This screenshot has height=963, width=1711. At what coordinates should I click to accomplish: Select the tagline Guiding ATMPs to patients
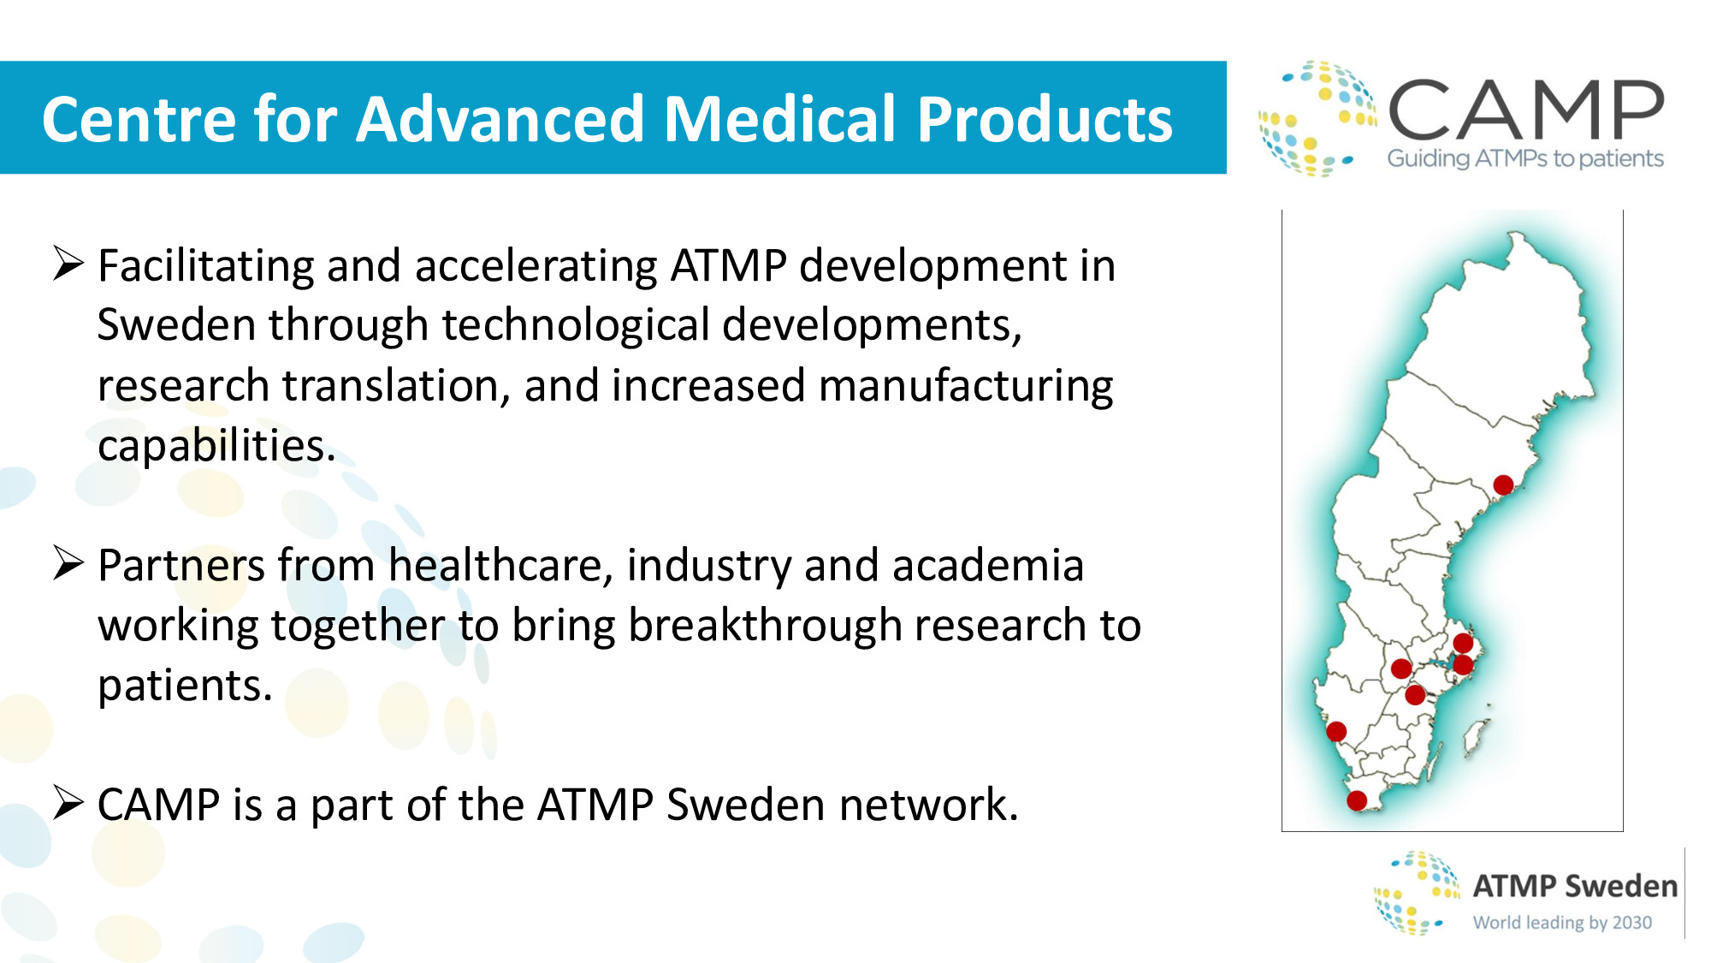tap(1525, 158)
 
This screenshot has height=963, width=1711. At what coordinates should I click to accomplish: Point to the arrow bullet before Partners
tap(68, 562)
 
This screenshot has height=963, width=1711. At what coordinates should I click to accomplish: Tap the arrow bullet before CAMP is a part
tap(68, 802)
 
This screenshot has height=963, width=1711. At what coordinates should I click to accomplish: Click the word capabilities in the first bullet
tap(216, 446)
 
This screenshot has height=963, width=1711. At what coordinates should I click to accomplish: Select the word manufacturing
tap(966, 386)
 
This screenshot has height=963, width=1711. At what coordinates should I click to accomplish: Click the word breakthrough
tap(765, 625)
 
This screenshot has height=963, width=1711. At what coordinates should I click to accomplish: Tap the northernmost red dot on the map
tap(1503, 485)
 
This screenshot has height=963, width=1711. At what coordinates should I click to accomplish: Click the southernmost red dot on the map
tap(1357, 800)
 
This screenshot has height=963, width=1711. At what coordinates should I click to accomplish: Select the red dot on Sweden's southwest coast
tap(1336, 731)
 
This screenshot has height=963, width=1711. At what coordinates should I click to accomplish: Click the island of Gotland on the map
tap(1476, 736)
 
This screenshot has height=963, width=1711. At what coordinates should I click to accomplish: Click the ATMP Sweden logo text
tap(1575, 886)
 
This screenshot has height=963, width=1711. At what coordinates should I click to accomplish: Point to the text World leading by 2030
tap(1562, 923)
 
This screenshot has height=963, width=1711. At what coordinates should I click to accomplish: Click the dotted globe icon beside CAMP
tap(1317, 118)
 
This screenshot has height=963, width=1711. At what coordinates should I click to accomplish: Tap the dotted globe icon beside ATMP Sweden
tap(1417, 893)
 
